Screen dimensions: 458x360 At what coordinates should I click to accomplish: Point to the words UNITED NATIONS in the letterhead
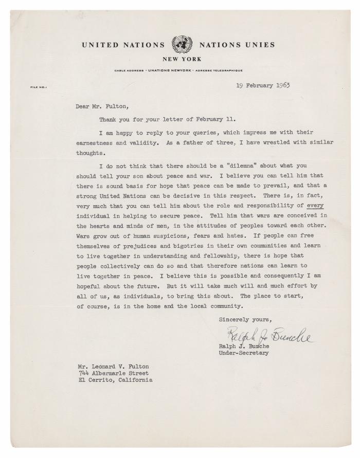point(123,45)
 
